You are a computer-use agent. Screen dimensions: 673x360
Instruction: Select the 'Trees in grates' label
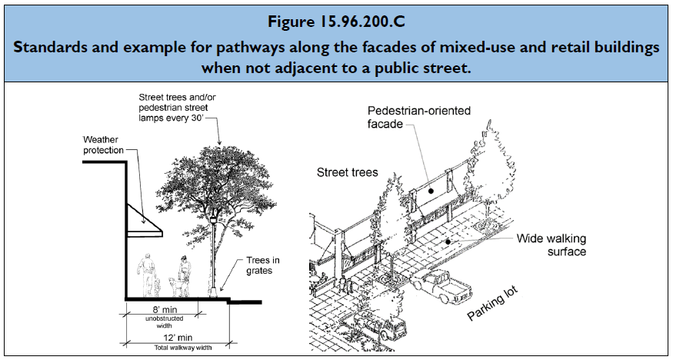pyautogui.click(x=262, y=265)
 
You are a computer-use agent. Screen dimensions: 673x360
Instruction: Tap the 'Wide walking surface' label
pyautogui.click(x=551, y=245)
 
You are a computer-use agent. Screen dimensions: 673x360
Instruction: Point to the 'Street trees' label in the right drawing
pyautogui.click(x=348, y=173)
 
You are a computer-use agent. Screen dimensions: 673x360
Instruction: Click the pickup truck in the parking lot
pyautogui.click(x=444, y=288)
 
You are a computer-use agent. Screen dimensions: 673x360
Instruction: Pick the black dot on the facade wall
pyautogui.click(x=431, y=188)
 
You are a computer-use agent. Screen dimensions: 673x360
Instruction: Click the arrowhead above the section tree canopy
pyautogui.click(x=220, y=143)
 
